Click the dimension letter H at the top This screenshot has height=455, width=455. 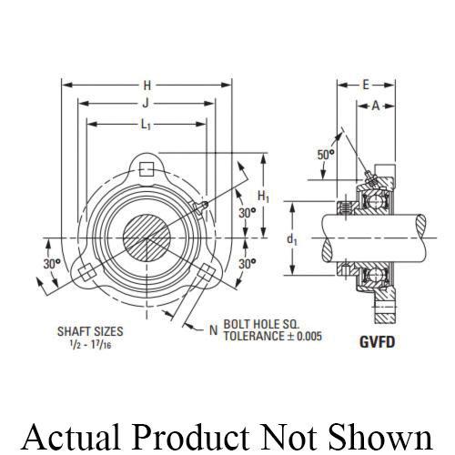[x=147, y=85]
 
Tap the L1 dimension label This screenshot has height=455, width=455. [x=147, y=125]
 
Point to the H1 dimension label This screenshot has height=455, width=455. [x=264, y=196]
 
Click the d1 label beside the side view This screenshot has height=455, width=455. [x=291, y=240]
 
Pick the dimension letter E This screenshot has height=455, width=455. [x=365, y=85]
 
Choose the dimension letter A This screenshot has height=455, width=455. [x=375, y=105]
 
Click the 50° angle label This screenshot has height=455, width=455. [x=325, y=155]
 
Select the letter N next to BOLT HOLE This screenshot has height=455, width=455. [x=213, y=329]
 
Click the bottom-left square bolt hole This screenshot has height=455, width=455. [x=86, y=273]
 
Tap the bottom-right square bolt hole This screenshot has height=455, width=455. [x=207, y=273]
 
